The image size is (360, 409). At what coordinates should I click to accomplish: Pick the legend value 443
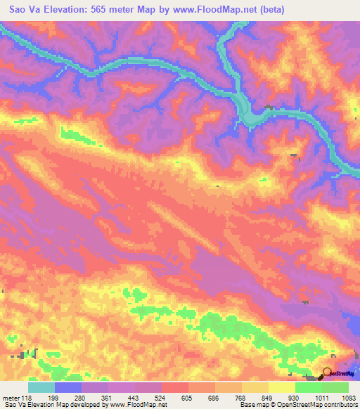(135, 397)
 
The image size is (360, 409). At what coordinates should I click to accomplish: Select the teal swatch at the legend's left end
(41, 387)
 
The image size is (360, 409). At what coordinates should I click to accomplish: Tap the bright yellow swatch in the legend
(282, 387)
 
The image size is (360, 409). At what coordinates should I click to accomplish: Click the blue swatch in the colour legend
(68, 387)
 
